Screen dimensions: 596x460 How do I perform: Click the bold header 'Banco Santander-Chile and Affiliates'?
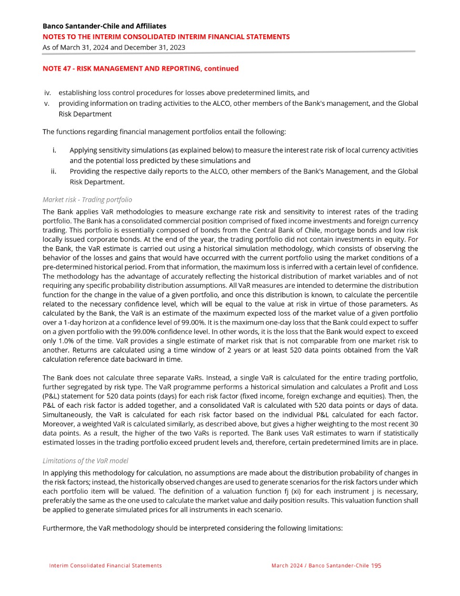[104, 26]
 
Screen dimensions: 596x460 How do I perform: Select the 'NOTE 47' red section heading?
[141, 69]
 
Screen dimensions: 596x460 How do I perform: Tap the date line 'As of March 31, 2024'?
[113, 47]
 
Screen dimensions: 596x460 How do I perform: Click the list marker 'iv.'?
[47, 93]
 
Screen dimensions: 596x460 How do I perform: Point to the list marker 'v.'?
[47, 103]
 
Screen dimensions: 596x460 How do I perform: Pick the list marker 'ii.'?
[53, 172]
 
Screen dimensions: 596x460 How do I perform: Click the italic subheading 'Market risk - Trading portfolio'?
[87, 200]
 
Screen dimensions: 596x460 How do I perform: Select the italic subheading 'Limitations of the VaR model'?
[85, 461]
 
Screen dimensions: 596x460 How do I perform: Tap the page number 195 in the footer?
[376, 566]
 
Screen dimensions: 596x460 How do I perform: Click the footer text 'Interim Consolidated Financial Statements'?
[105, 566]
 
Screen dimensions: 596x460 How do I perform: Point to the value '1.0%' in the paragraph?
[63, 341]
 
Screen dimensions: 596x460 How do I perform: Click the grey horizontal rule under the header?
[229, 51]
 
